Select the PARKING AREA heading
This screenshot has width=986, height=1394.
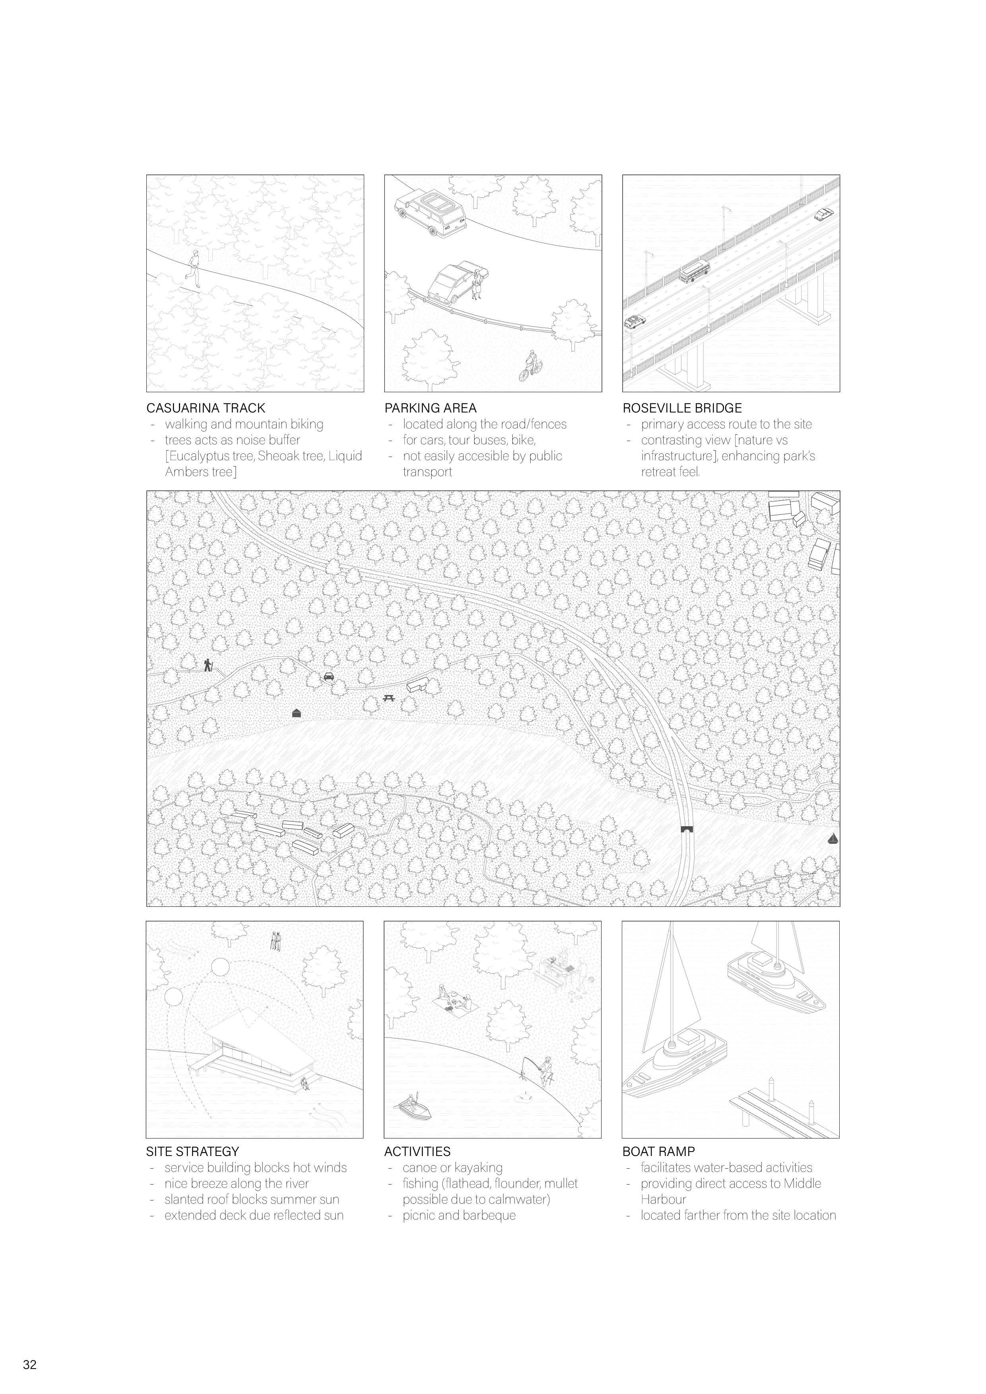pos(430,408)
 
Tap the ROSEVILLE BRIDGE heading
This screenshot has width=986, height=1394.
pos(681,408)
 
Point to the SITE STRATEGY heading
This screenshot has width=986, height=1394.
pos(192,1151)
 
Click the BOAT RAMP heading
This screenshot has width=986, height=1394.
pos(658,1151)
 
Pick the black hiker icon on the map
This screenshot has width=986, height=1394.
pos(208,666)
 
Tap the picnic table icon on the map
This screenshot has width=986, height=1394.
pos(389,699)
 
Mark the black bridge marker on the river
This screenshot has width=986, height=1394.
pos(687,829)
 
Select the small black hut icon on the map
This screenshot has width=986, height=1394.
pos(297,713)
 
